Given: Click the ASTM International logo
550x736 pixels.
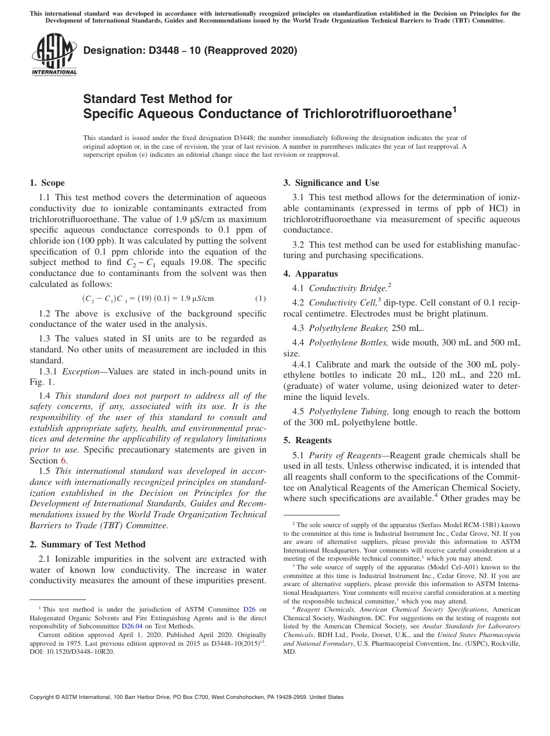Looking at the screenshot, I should point(53,56).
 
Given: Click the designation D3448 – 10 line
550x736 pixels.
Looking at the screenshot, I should point(190,51).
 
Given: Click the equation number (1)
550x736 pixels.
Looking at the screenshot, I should point(261,299).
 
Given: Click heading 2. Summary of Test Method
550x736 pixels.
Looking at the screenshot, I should point(87,544).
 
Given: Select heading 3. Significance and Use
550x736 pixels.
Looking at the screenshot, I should point(331,183).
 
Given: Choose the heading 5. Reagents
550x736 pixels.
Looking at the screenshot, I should point(307,440).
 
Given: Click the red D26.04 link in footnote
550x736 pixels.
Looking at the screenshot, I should point(132,626).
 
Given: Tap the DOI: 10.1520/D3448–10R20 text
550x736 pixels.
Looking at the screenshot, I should point(72,651).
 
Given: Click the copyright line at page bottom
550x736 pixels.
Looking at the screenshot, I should point(186,697).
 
